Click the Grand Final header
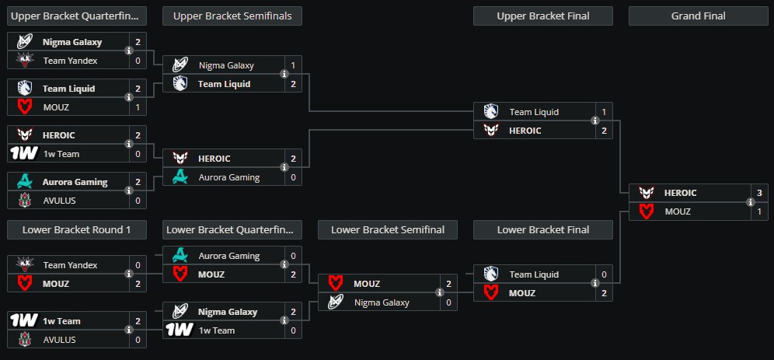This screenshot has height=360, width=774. (698, 16)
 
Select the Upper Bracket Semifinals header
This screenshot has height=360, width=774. (232, 16)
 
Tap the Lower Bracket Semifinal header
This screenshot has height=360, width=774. (387, 229)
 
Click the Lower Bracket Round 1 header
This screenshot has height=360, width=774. (76, 229)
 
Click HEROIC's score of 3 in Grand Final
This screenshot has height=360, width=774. (759, 193)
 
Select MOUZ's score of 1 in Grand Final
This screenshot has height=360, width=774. (759, 211)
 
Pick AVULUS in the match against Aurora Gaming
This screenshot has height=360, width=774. (59, 201)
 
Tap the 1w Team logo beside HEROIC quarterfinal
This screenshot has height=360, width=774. (23, 154)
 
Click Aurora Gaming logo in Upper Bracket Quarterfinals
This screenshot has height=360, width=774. (23, 182)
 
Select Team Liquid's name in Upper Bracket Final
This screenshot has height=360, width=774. (534, 112)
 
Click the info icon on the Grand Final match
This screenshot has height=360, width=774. (750, 202)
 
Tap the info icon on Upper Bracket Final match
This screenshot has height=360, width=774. (594, 121)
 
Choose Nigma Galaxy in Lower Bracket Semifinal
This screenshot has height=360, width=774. (382, 302)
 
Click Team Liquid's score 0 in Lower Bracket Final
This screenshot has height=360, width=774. (604, 274)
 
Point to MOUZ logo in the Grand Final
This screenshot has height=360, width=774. (646, 211)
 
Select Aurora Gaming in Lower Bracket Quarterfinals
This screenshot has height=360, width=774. (228, 256)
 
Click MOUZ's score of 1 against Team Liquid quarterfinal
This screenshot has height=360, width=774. (138, 107)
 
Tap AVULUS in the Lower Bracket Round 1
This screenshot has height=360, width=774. (59, 340)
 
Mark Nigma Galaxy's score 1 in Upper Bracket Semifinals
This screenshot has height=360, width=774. (293, 65)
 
